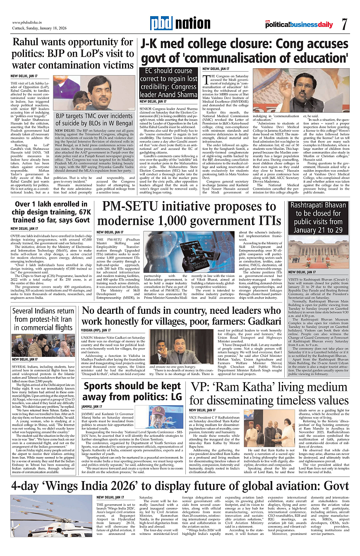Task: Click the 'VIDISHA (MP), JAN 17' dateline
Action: [96, 330]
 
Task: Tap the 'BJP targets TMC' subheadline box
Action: [94, 119]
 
